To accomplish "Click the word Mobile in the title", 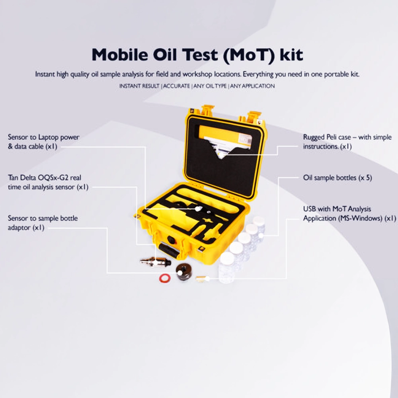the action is (x=120, y=54).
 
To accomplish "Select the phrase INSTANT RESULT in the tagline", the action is (x=139, y=86).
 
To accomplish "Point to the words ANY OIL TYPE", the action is (x=210, y=86).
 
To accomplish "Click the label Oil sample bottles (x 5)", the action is (x=338, y=178).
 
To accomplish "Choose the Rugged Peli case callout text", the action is (x=347, y=142).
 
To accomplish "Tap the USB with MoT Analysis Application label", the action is (x=349, y=213).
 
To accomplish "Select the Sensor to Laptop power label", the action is (x=44, y=142).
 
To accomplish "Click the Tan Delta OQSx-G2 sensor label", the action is (x=48, y=182).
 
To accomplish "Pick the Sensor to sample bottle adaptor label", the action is (x=43, y=223).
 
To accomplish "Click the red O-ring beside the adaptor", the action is (x=164, y=278).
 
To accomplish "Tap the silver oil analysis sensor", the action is (x=155, y=261).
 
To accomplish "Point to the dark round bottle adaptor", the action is (x=184, y=272).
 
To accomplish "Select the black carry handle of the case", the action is (x=169, y=250).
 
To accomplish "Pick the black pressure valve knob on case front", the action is (x=171, y=240).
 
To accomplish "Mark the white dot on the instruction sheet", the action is (x=221, y=154).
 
